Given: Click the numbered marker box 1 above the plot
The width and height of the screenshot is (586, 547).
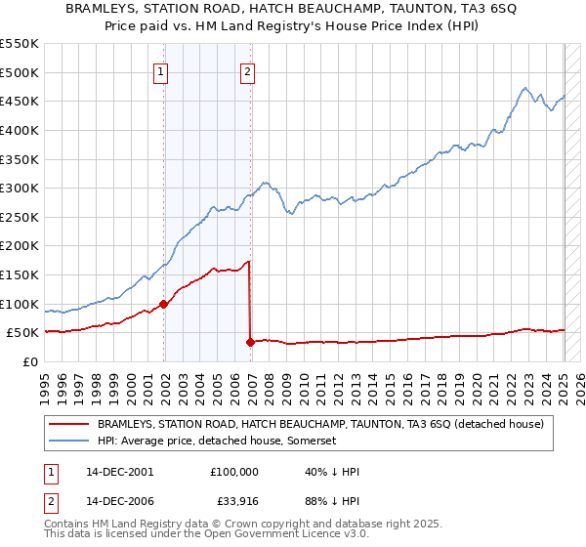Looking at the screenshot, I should coord(159,71).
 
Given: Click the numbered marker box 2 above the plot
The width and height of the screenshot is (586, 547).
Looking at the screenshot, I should coord(248,71).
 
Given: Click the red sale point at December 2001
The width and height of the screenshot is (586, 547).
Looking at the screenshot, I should coord(164,304).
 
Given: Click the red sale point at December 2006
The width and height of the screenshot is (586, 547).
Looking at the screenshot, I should coord(250,342).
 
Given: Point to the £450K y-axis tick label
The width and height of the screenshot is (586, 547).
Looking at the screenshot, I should coord(20,101).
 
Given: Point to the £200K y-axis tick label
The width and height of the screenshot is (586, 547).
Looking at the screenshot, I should coord(20,245).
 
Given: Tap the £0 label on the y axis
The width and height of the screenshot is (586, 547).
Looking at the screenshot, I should coord(30,361).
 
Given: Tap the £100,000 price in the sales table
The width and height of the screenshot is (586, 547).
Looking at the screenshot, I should coord(234,471).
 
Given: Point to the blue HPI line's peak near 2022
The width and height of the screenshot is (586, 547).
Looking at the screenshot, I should coord(525,88).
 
